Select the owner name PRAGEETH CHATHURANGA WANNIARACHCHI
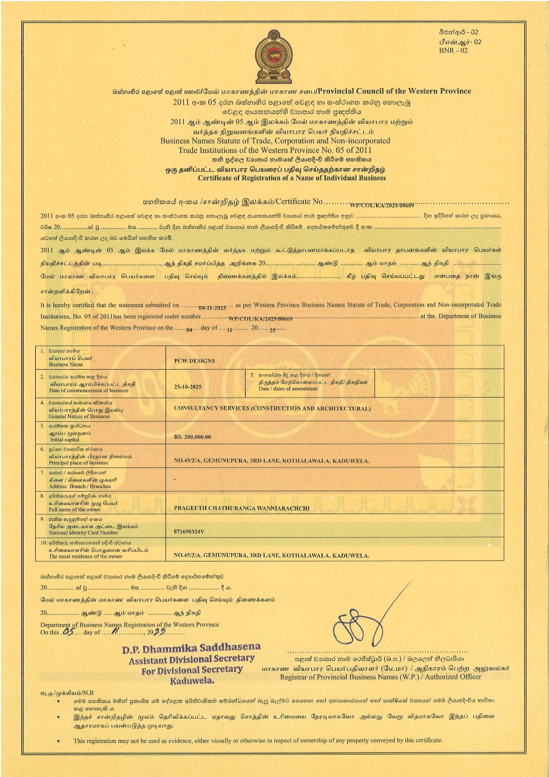pos(242,507)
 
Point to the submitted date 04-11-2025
pos(212,308)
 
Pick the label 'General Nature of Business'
pos(79,416)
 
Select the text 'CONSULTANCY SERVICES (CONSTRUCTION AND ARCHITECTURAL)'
pos(272,409)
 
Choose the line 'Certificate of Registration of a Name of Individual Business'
pos(291,178)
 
